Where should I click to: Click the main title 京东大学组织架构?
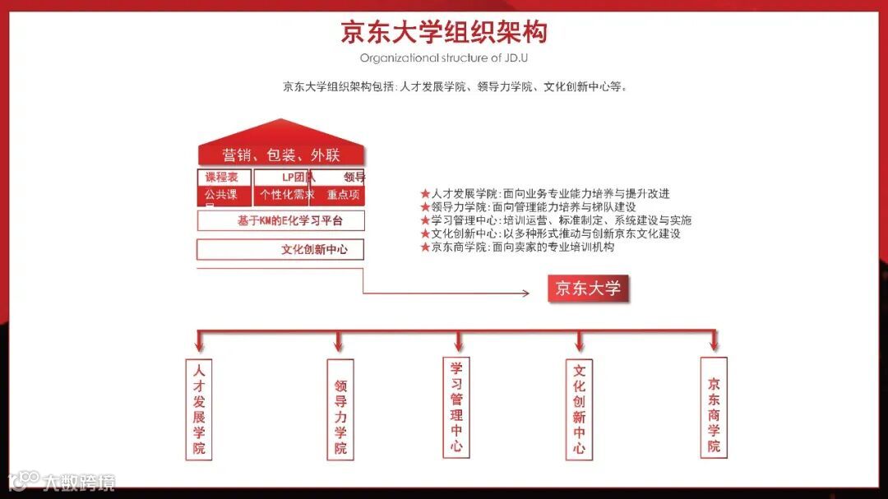tap(444, 32)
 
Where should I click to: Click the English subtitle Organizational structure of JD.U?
tap(444, 58)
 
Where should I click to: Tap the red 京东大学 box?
tap(587, 289)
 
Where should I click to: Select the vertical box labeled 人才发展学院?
tap(199, 408)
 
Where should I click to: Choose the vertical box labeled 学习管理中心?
tap(457, 407)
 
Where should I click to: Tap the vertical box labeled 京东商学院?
tap(714, 407)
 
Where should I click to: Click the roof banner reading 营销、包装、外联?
tap(281, 155)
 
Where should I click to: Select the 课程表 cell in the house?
tap(224, 177)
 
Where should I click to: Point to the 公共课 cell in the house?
tap(224, 196)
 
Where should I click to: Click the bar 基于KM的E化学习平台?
tap(280, 220)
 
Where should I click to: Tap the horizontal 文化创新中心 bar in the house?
tap(280, 250)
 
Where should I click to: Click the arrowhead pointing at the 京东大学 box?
tap(525, 293)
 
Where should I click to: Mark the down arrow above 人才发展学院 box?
tap(199, 344)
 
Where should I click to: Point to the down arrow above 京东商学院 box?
tap(714, 344)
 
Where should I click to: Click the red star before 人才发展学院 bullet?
tap(425, 194)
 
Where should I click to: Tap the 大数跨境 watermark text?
tap(79, 482)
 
